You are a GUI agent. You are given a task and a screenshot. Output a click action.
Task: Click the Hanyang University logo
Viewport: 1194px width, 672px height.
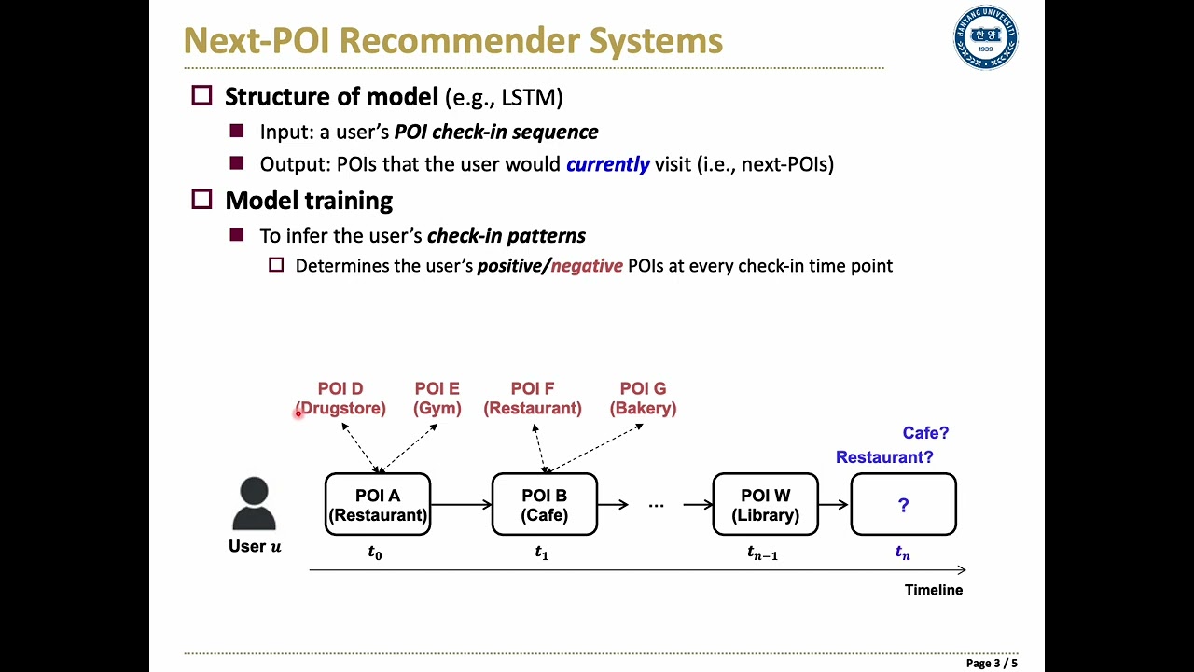coord(986,37)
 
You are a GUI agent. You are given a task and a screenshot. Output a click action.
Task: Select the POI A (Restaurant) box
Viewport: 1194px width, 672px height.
coord(378,504)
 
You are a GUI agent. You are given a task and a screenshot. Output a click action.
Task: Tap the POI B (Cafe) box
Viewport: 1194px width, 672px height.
coord(544,504)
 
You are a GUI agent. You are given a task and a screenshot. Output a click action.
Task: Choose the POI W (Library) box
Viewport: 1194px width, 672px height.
coord(766,504)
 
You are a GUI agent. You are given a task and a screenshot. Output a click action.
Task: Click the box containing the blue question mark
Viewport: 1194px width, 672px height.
coord(904,504)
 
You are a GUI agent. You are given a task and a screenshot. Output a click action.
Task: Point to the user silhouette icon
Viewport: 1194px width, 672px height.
coord(255,503)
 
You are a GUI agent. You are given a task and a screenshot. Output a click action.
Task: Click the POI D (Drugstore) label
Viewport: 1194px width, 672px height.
coord(340,399)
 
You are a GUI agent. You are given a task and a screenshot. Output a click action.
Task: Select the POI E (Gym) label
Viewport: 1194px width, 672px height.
coord(437,399)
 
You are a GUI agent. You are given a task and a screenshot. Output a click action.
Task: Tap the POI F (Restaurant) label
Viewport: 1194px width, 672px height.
coord(533,399)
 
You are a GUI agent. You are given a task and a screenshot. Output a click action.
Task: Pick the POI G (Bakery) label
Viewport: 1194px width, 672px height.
coord(643,399)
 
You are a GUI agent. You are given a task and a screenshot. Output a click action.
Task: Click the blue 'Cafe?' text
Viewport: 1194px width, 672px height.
coord(925,432)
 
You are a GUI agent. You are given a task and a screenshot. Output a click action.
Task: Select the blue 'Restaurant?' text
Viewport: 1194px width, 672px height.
coord(884,457)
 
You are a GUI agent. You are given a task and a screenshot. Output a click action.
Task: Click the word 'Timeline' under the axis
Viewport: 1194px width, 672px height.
coord(934,590)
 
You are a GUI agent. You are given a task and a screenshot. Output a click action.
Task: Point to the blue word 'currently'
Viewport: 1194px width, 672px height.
coord(607,164)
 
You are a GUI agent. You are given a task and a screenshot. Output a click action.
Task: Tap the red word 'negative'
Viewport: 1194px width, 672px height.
coord(587,266)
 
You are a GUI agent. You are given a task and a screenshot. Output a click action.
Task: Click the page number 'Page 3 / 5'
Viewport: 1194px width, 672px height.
coord(992,663)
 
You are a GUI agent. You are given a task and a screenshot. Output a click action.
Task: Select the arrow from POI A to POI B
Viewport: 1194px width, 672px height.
coord(461,504)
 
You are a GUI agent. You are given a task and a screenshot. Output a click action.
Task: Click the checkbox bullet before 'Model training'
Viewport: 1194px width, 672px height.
coord(201,200)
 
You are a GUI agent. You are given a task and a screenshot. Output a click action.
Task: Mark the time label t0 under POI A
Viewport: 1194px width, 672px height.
coord(375,553)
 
